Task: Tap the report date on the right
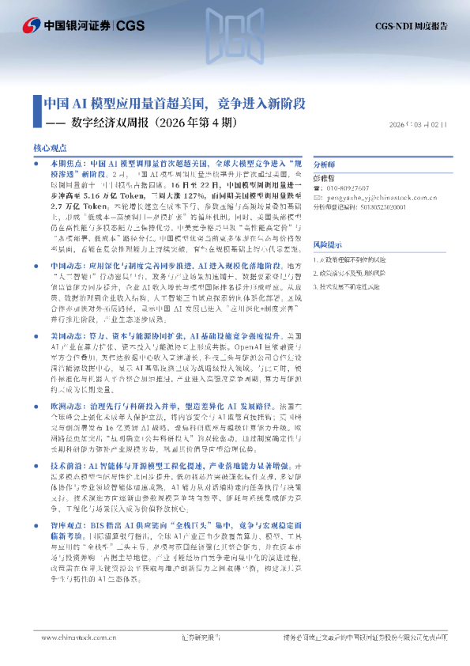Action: [x=423, y=124]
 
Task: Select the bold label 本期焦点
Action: [x=65, y=161]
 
